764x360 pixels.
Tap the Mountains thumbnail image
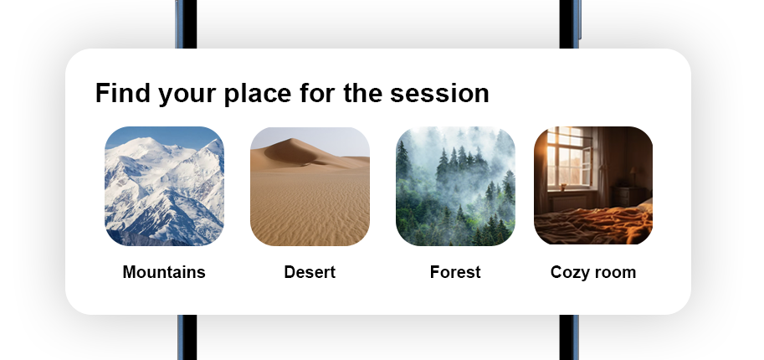[164, 186]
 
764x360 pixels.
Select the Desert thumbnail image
[310, 186]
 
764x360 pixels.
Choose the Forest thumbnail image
[455, 186]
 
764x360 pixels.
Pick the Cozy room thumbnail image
[593, 185]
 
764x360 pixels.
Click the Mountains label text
[164, 272]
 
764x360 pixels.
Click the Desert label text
[310, 272]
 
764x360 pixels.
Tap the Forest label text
[455, 272]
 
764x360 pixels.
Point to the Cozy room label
[593, 272]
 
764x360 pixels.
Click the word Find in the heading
[123, 93]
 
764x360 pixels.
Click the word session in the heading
[439, 93]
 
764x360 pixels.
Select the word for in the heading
[317, 93]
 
